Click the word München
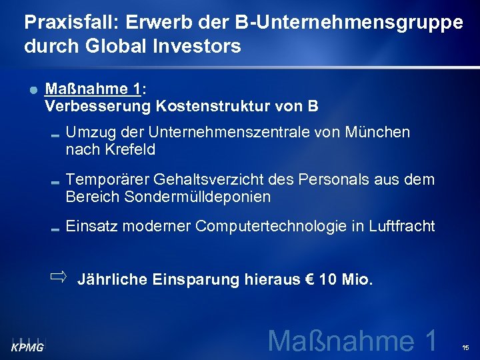click(x=378, y=132)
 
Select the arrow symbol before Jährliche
click(x=59, y=275)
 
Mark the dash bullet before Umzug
click(x=56, y=133)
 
